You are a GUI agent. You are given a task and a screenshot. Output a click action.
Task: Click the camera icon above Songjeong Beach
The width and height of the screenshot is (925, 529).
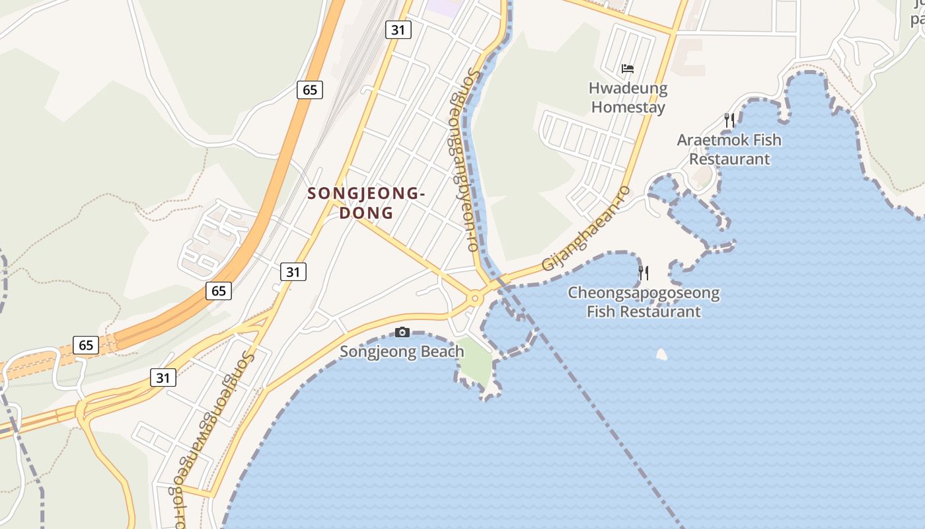pos(402,332)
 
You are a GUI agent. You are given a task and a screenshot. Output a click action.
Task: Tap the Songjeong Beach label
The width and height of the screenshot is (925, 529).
pos(402,351)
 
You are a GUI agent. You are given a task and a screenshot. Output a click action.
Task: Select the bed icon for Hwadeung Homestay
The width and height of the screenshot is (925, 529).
pos(628,68)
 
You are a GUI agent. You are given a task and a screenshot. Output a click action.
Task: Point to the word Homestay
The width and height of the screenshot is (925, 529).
pos(628,106)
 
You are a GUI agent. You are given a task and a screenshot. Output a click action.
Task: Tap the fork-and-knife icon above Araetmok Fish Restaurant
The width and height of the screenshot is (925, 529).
pos(729,120)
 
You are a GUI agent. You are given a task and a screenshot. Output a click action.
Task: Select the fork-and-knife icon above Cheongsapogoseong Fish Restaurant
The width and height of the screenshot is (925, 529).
pos(644,272)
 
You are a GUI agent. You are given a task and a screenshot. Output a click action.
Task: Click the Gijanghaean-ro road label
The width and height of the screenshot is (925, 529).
pos(586,228)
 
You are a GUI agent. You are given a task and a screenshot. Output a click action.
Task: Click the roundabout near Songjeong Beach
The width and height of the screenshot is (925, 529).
pos(474,299)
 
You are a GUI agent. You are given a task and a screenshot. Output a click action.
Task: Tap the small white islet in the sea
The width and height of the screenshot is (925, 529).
pos(661,354)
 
